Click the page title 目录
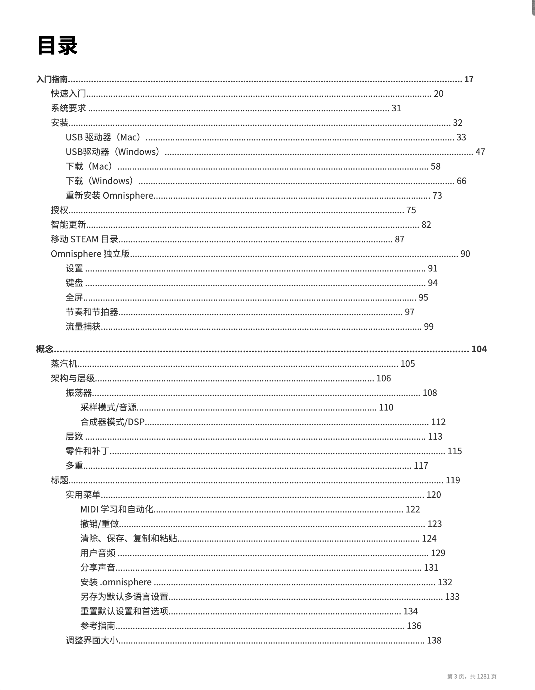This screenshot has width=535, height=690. click(57, 45)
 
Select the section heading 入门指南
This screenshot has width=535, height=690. click(52, 79)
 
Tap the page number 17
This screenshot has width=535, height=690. click(469, 79)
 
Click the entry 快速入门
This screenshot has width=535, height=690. click(68, 94)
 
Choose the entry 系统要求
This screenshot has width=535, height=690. click(68, 108)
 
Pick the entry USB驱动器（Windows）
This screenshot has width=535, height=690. click(113, 152)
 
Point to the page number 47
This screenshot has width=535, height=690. click(480, 152)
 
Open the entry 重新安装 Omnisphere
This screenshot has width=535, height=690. click(109, 196)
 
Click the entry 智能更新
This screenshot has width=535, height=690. click(68, 225)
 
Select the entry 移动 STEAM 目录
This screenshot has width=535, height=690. click(85, 239)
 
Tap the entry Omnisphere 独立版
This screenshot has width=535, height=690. click(90, 254)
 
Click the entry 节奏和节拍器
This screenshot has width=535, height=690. click(92, 312)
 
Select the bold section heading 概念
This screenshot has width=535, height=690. click(45, 349)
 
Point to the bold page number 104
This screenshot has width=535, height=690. click(479, 349)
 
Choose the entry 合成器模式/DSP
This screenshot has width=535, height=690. click(112, 422)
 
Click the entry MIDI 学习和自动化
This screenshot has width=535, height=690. click(117, 509)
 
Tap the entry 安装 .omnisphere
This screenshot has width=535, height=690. click(116, 582)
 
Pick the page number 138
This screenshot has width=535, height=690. click(434, 640)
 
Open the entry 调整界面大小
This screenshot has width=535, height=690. click(92, 640)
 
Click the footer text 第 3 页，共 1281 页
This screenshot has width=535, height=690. click(472, 676)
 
